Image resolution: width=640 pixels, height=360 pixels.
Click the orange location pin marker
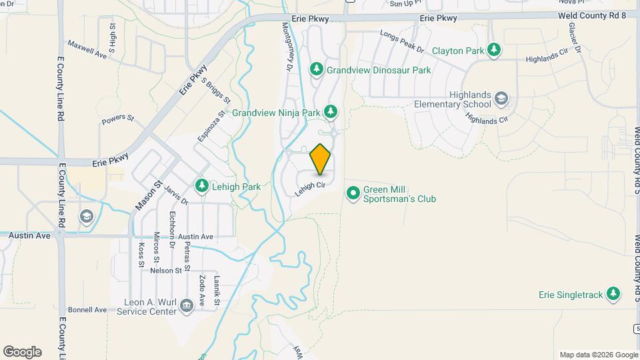coord(321,159)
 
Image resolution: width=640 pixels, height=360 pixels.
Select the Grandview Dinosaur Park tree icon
coord(317,69)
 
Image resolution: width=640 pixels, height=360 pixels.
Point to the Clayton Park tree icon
coord(493,50)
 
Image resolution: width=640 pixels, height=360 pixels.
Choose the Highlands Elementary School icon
coord(501,100)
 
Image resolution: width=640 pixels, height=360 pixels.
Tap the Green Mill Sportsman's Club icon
coord(353,193)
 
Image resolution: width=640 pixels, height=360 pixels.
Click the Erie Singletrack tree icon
coord(613,293)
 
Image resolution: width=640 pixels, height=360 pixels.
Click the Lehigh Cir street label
coord(310,187)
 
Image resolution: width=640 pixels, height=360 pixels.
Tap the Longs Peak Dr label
coord(402,41)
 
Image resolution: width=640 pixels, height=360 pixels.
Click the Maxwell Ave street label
coord(87,48)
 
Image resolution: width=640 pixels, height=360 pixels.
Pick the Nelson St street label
coord(166,270)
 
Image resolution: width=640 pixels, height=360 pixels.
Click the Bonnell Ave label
coord(87,310)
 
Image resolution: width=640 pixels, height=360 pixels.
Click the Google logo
coord(22,352)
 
